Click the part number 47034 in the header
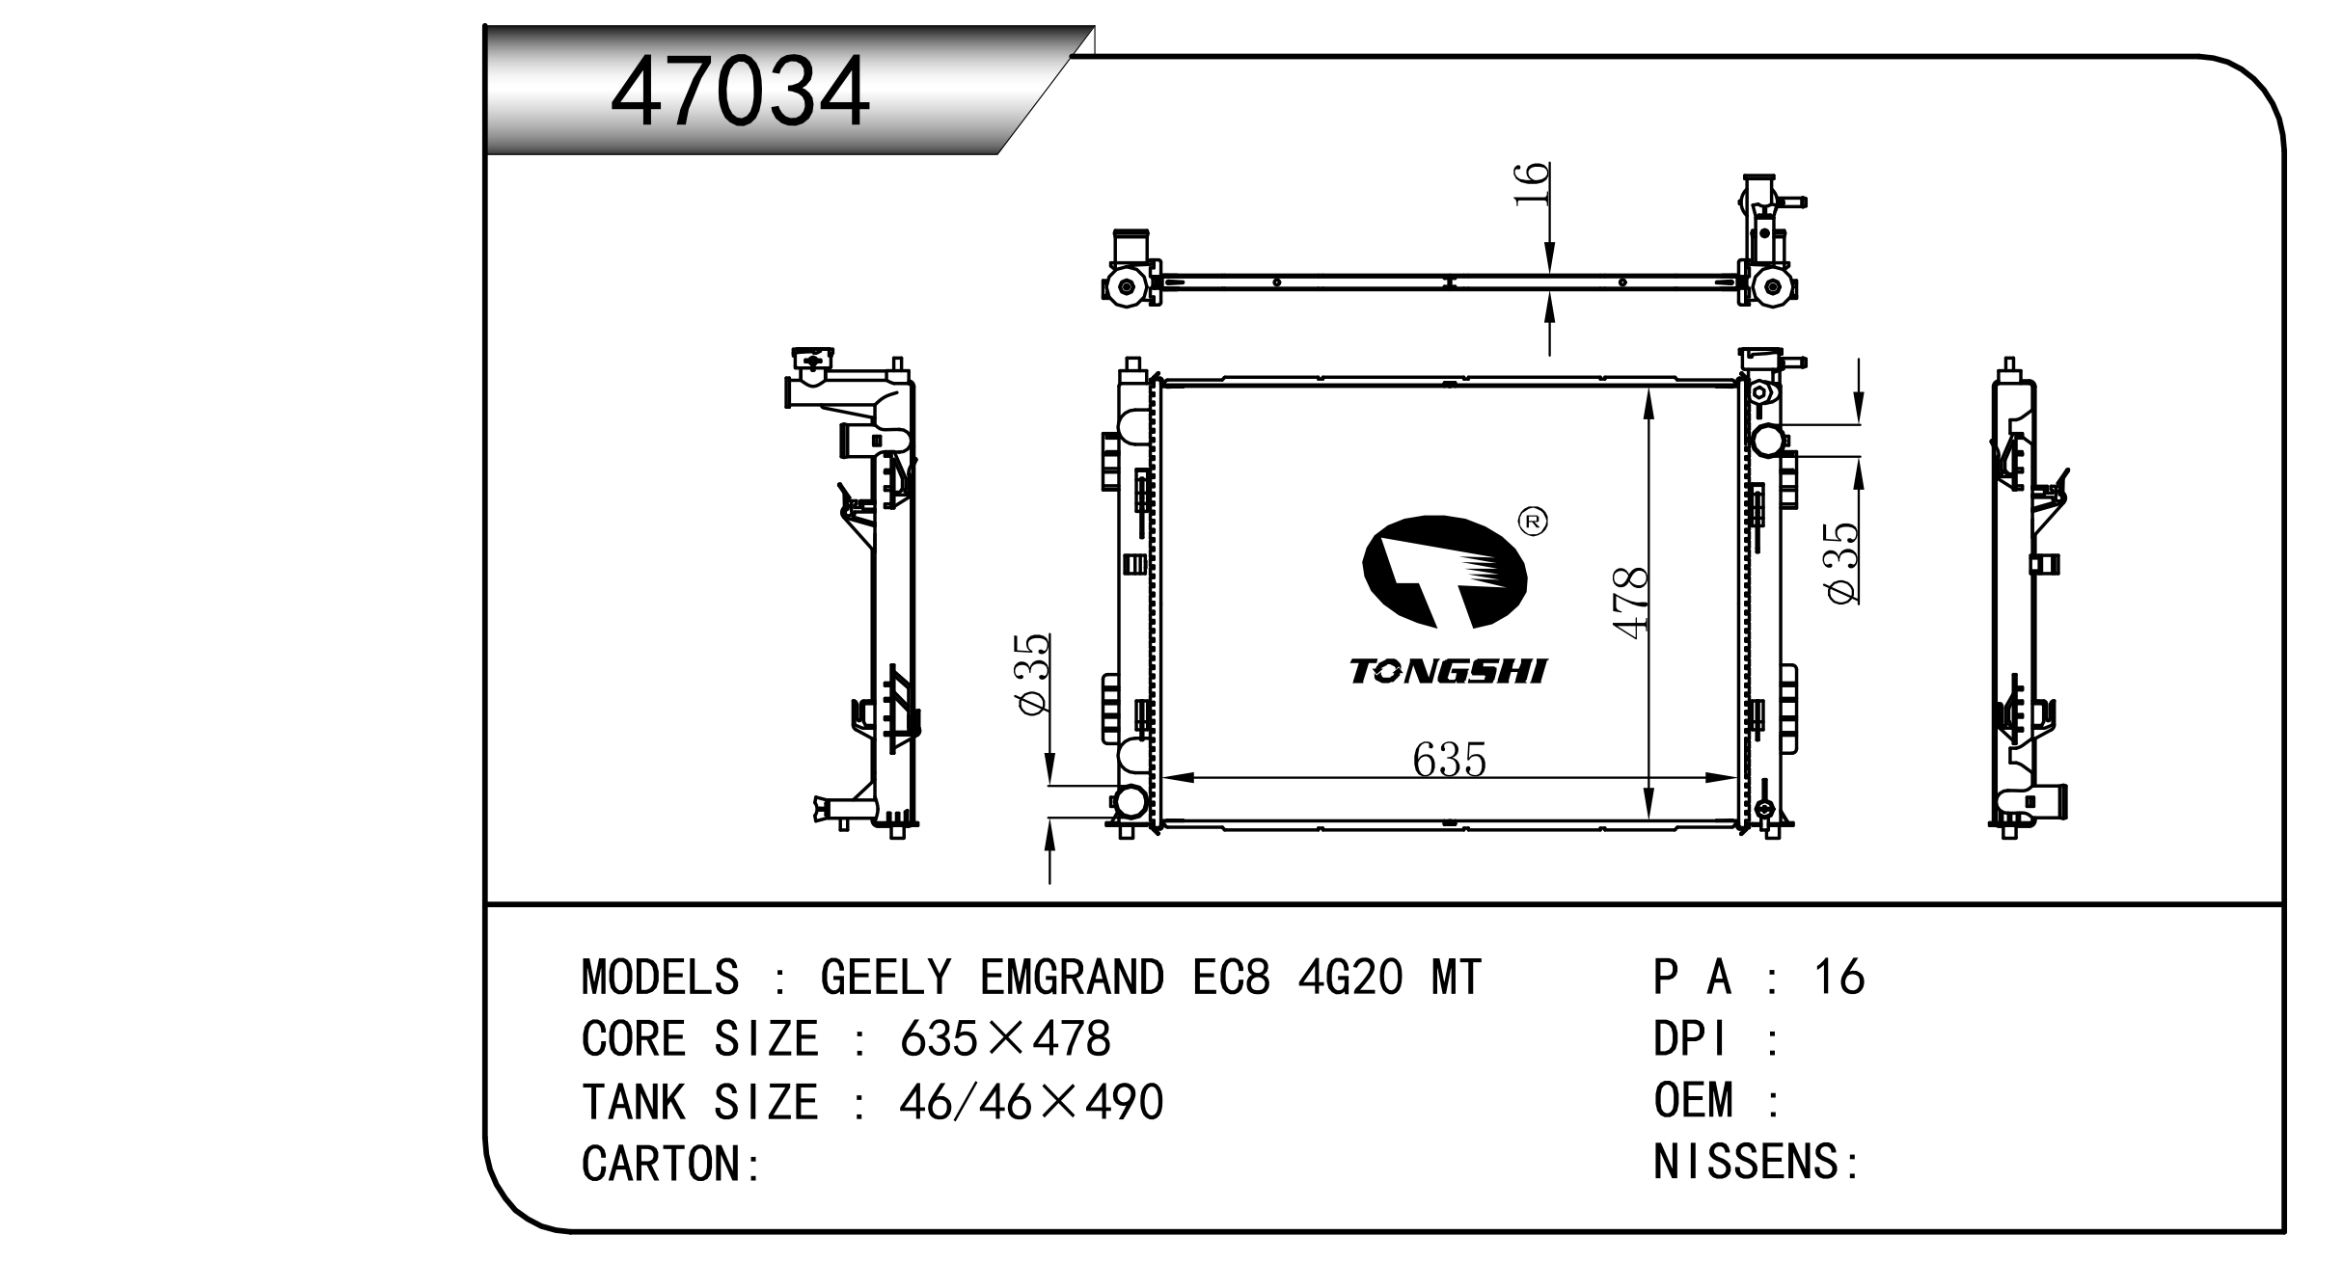click(740, 93)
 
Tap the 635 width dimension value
click(1449, 760)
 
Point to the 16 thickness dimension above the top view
click(1531, 184)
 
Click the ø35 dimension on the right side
click(1841, 564)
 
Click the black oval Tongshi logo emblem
click(1444, 572)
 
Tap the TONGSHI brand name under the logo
click(1448, 671)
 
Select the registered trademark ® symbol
click(1533, 522)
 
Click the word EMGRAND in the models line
click(1073, 978)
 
